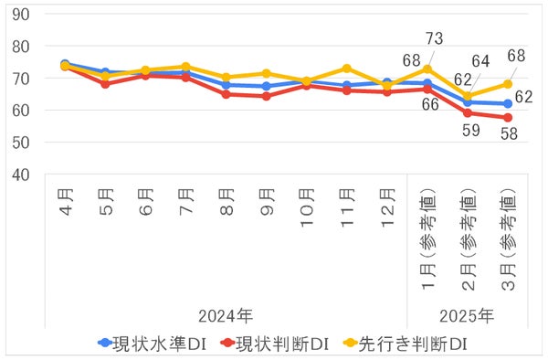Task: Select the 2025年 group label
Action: (x=468, y=316)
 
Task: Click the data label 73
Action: (x=435, y=39)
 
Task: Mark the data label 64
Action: (x=482, y=62)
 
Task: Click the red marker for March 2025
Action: (x=507, y=118)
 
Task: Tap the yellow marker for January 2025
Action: (x=427, y=69)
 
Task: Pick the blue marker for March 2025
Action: (x=507, y=103)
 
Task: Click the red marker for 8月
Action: (x=226, y=94)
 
